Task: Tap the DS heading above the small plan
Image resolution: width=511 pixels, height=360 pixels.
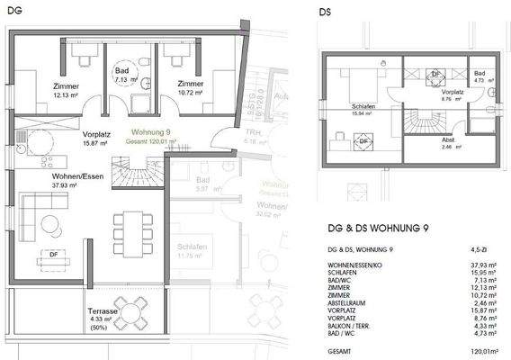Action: (x=327, y=13)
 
